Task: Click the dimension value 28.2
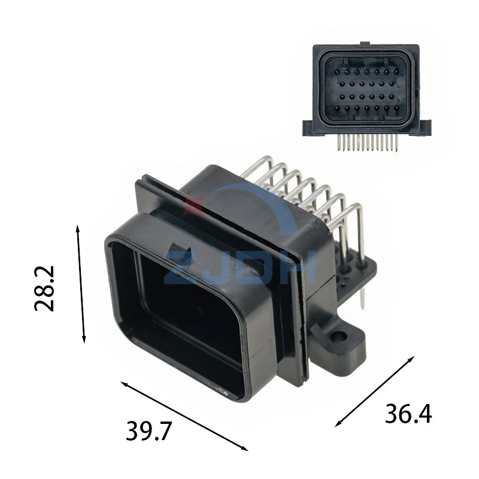pos(44,289)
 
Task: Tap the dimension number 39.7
pos(148,431)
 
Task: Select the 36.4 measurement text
pos(408,413)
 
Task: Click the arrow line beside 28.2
pos(81,284)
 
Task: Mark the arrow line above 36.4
pos(375,391)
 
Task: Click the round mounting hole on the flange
pos(339,337)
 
